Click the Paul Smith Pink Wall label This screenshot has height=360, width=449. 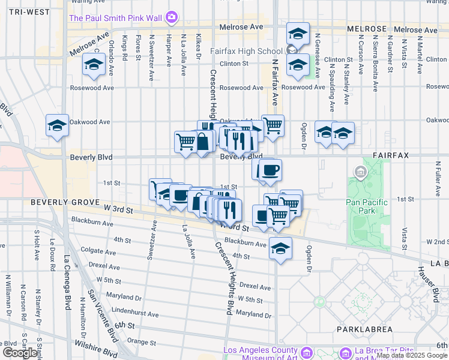coord(117,17)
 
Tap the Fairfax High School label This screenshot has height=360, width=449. coord(246,51)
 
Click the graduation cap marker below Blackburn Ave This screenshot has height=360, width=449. coord(280,247)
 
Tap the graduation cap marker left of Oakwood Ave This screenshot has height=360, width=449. coord(58,125)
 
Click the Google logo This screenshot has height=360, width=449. coord(20,353)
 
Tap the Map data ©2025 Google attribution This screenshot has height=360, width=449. coord(411,355)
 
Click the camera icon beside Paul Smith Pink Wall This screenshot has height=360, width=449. coord(172,17)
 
